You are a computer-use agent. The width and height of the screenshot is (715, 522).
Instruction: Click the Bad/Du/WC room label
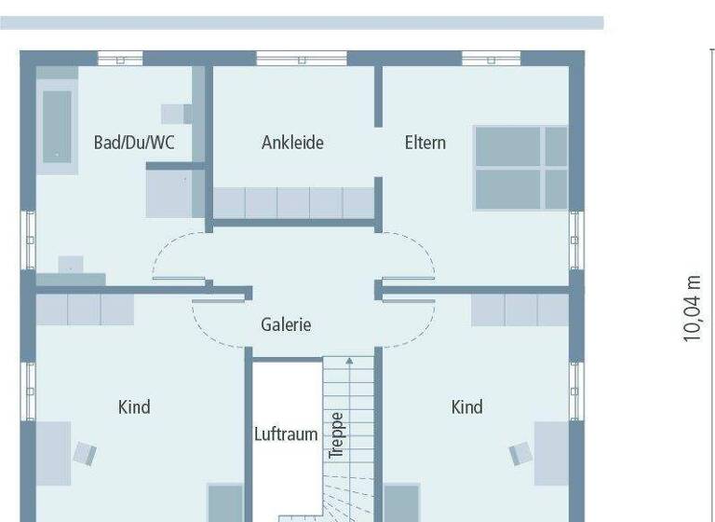[x=135, y=143]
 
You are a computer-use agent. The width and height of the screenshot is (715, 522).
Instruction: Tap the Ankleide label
[x=292, y=143]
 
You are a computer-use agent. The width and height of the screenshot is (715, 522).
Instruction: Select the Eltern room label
[x=425, y=143]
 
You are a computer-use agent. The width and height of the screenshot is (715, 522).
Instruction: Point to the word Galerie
[x=286, y=324]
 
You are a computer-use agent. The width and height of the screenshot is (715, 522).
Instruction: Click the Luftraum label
[x=286, y=434]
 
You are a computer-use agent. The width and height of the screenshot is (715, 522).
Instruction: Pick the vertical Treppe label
[x=336, y=434]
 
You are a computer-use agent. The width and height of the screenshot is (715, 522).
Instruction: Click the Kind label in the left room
[x=134, y=406]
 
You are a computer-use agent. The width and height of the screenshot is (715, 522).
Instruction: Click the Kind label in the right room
[x=466, y=406]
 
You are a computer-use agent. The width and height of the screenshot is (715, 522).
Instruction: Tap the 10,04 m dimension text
[x=692, y=309]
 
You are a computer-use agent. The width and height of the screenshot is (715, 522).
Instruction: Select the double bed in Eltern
[x=520, y=168]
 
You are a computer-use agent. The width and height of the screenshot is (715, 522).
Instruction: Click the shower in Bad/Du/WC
[x=174, y=193]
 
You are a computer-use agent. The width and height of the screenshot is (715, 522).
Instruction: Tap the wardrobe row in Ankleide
[x=293, y=202]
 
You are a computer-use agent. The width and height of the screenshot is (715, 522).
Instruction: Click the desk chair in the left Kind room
[x=86, y=454]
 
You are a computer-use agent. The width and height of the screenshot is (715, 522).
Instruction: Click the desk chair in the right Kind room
[x=519, y=454]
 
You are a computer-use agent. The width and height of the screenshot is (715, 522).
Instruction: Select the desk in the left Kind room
[x=53, y=453]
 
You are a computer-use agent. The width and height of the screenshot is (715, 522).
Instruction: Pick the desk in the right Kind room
[x=551, y=453]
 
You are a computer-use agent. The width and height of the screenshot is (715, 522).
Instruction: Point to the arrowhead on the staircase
[x=349, y=360]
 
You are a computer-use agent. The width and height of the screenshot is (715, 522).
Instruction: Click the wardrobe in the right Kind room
[x=519, y=309]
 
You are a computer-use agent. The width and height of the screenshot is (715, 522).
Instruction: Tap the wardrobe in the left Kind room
[x=85, y=309]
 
